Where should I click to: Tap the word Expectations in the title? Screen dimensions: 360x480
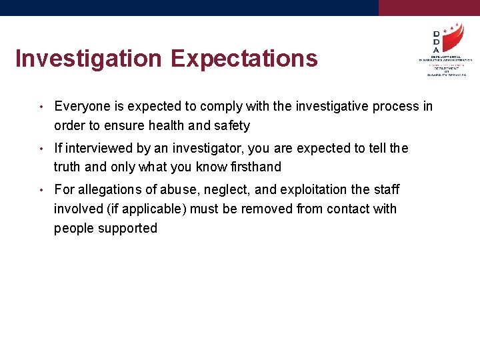click(243, 59)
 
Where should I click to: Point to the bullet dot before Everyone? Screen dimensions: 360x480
click(41, 107)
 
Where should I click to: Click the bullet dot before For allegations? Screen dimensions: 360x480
click(41, 190)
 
